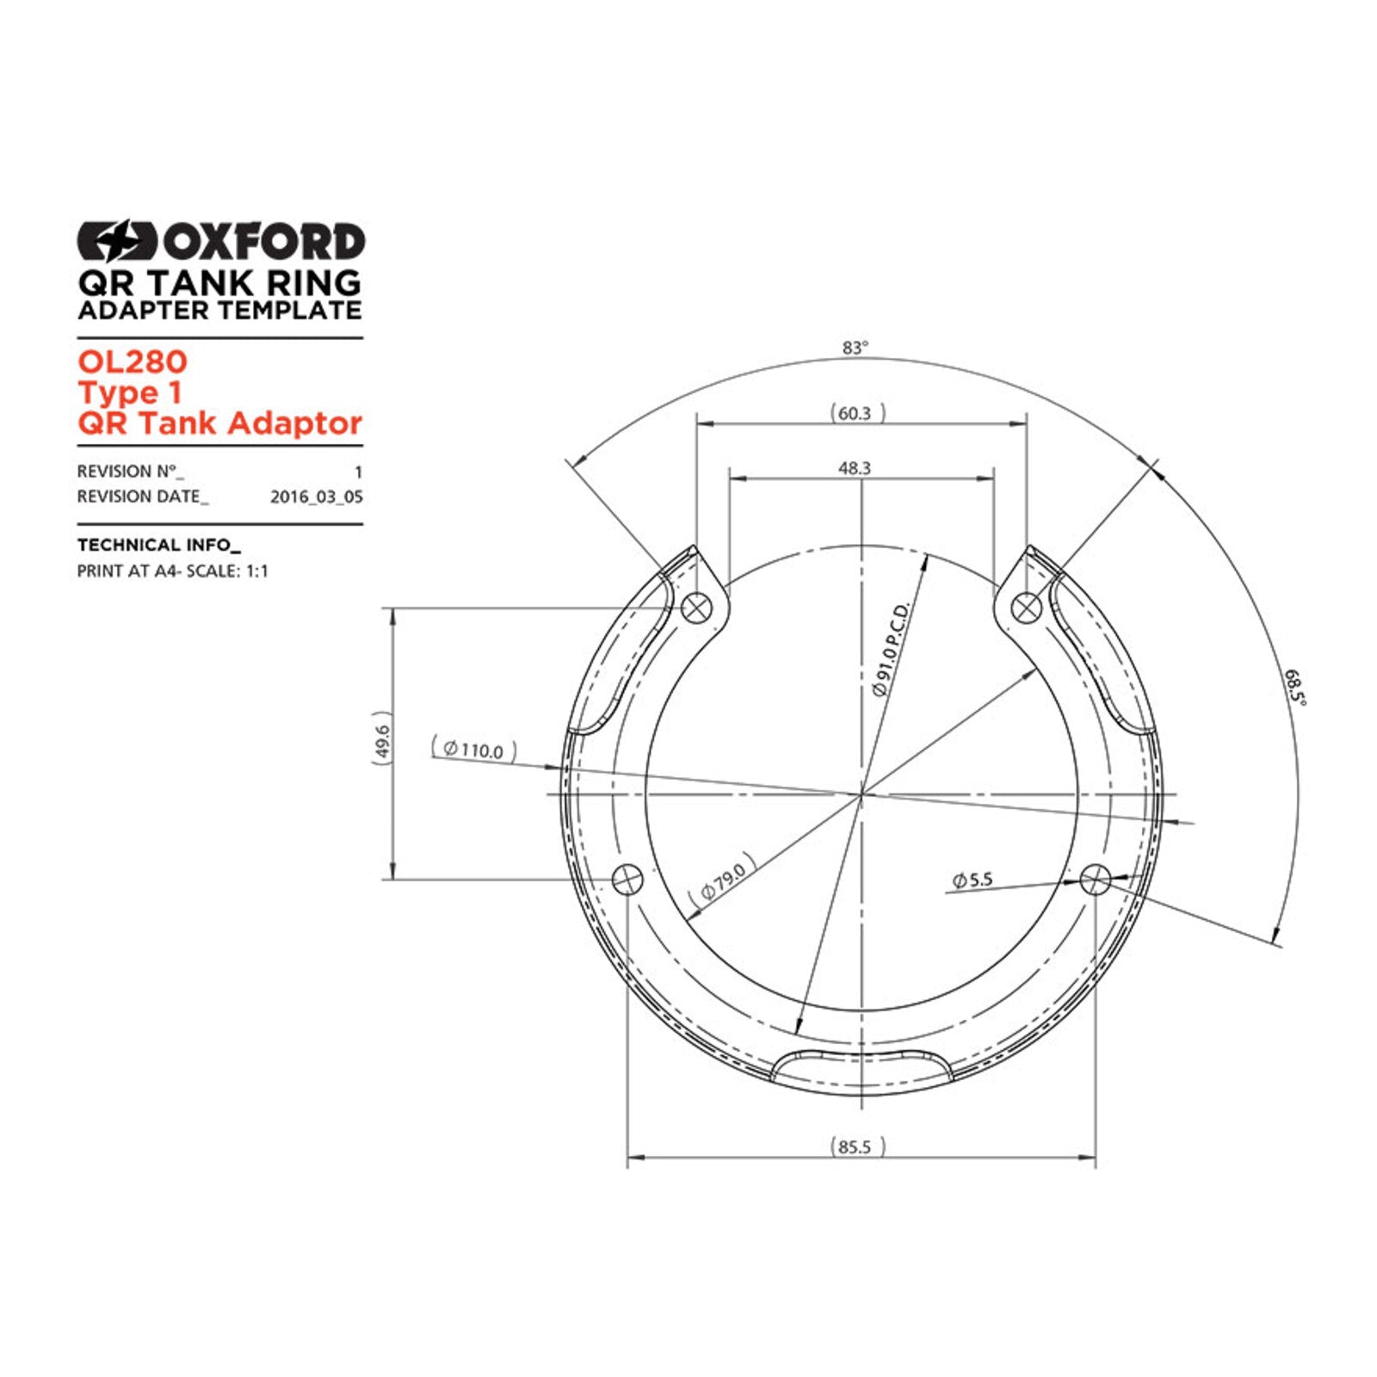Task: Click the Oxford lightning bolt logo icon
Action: click(x=117, y=241)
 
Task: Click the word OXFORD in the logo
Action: click(x=263, y=242)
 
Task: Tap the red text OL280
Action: click(x=132, y=361)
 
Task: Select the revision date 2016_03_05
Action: click(x=316, y=497)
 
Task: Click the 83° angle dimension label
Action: click(x=855, y=348)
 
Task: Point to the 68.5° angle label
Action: click(x=1294, y=688)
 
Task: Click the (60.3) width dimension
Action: click(x=855, y=414)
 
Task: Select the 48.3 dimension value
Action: click(x=855, y=468)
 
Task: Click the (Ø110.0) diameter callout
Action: click(x=473, y=750)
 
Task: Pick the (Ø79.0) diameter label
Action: click(x=723, y=879)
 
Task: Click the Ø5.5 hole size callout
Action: click(x=973, y=880)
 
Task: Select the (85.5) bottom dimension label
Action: click(x=855, y=1147)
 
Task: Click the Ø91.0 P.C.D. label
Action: click(x=891, y=650)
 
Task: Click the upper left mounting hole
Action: click(x=696, y=608)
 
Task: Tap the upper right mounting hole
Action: click(x=1025, y=608)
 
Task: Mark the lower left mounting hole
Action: click(x=627, y=880)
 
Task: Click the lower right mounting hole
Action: click(x=1095, y=880)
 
